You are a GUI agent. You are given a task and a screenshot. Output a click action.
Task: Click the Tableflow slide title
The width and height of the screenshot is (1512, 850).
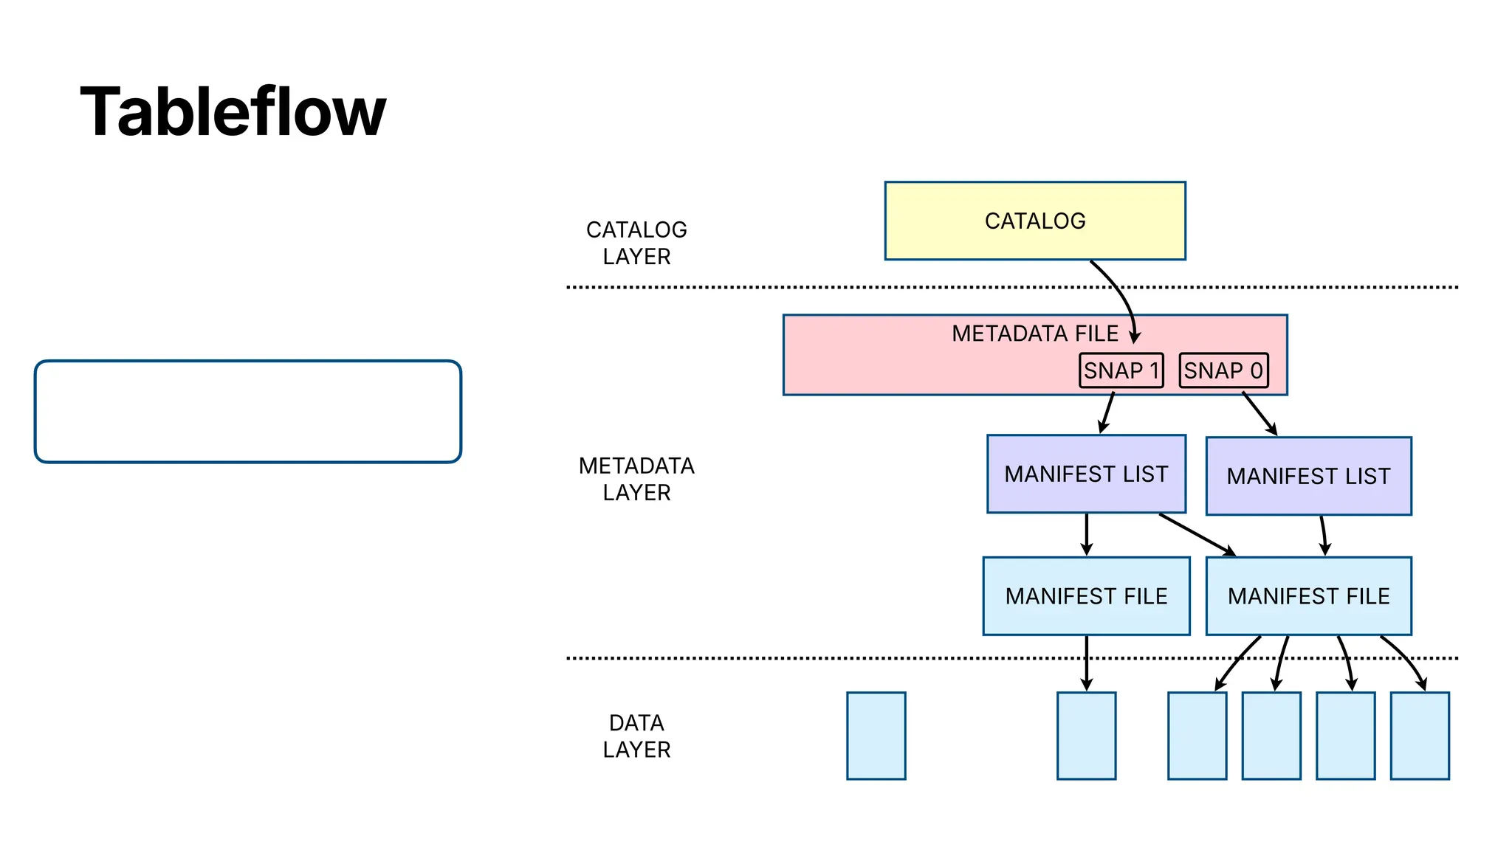point(233,112)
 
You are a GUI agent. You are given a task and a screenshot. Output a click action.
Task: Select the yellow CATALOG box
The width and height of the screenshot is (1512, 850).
point(1034,221)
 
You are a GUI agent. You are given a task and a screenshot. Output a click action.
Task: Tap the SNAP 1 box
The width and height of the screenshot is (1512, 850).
point(1121,370)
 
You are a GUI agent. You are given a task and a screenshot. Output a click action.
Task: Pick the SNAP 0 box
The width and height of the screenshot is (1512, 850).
point(1223,370)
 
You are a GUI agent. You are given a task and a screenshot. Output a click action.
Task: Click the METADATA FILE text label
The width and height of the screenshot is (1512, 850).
point(1034,334)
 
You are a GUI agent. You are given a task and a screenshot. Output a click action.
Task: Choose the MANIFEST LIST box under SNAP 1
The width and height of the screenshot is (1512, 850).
point(1086,474)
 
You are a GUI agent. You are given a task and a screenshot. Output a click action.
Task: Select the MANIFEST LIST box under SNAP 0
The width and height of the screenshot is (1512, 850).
point(1308,476)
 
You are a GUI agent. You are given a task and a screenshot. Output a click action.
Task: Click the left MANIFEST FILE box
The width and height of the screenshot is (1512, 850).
point(1086,595)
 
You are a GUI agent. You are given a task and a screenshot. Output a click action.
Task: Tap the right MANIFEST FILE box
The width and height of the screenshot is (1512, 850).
point(1308,595)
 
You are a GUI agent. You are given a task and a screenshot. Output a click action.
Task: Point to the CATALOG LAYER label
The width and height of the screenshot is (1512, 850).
point(636,243)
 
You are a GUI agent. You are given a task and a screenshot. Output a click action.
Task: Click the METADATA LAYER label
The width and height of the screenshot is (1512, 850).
point(636,479)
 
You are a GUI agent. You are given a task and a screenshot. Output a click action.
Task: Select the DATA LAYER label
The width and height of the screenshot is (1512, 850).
point(636,736)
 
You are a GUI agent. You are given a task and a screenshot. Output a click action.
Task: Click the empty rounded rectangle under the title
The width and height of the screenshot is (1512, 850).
point(248,412)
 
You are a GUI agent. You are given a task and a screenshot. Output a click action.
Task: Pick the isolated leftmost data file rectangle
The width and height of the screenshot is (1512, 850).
point(876,736)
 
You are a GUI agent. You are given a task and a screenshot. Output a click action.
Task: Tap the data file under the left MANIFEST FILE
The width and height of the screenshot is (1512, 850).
point(1086,736)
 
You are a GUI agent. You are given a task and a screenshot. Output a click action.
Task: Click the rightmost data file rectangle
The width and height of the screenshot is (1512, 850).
point(1419,736)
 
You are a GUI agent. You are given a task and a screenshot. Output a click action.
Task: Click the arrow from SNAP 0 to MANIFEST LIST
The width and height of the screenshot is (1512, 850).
point(1259,413)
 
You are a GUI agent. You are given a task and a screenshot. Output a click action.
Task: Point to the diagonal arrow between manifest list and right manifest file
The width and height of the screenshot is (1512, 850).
point(1196,534)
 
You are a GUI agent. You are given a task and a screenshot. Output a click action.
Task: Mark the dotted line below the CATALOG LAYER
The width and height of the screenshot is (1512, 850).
point(812,287)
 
